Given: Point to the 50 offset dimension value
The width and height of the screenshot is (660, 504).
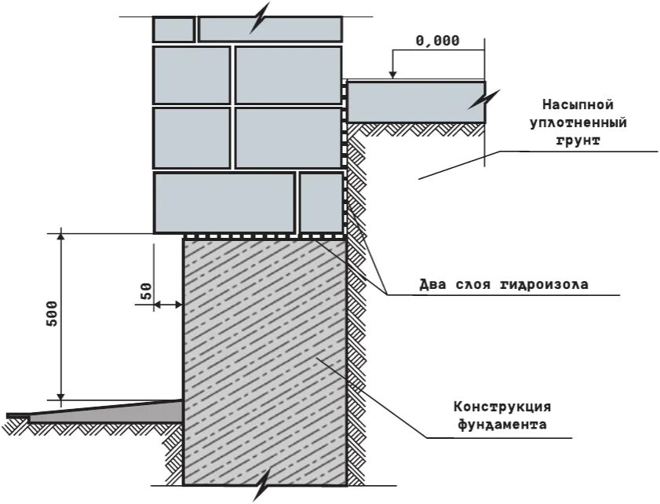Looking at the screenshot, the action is (146, 292).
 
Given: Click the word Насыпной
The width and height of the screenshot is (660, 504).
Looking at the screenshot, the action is (577, 104).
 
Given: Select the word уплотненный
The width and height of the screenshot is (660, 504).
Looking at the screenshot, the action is (577, 123).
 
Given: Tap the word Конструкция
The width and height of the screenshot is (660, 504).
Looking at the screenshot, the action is (502, 407).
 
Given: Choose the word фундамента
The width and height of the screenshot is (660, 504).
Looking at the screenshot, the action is (502, 425).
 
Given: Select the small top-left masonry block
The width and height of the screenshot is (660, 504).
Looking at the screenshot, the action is (173, 29).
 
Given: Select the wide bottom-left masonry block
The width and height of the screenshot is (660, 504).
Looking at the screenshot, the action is (224, 203).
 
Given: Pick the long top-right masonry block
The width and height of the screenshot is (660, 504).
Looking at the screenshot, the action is (271, 29).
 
